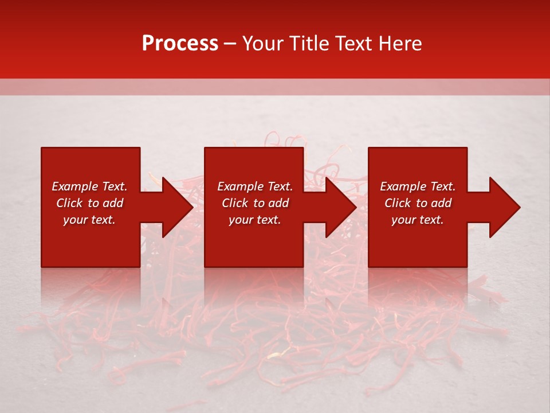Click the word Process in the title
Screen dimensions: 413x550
pos(180,44)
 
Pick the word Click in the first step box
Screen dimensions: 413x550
pos(69,203)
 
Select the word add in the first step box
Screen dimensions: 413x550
pos(113,203)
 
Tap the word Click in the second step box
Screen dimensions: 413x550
pos(235,203)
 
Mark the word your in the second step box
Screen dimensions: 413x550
pos(241,220)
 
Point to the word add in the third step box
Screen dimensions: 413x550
pos(442,203)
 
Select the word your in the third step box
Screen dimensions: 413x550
pos(403,220)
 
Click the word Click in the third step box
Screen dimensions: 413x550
pos(398,203)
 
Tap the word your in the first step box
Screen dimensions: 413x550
pos(75,220)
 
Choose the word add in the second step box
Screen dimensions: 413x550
pos(279,203)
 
